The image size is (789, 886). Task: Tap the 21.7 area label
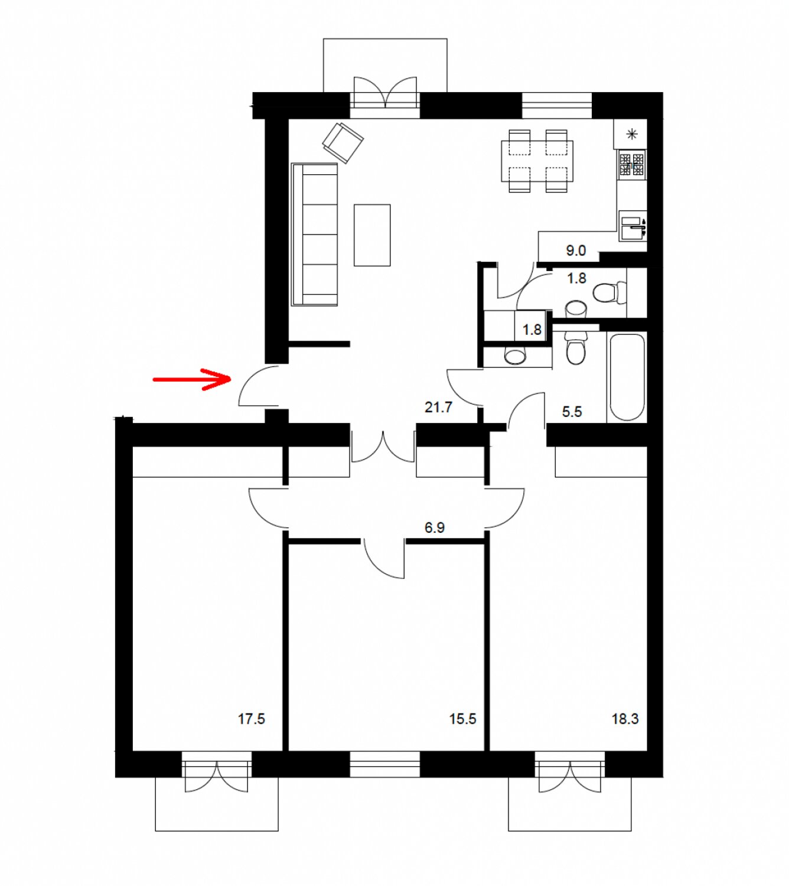438,408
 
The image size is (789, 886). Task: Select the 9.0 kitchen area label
576,250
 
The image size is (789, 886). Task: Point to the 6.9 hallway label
435,528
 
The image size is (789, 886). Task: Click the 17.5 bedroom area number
252,731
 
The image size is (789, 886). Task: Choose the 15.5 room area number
463,731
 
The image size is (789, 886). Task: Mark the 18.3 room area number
625,731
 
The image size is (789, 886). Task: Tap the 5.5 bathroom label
572,412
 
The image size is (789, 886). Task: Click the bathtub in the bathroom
627,377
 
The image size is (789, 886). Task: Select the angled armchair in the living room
343,142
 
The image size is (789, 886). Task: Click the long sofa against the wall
314,235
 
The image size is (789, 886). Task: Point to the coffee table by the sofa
372,235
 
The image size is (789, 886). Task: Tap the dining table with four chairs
537,161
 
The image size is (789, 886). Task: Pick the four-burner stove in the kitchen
631,164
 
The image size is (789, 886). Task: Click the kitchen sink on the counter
633,225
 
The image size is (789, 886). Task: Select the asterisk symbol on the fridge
632,134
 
